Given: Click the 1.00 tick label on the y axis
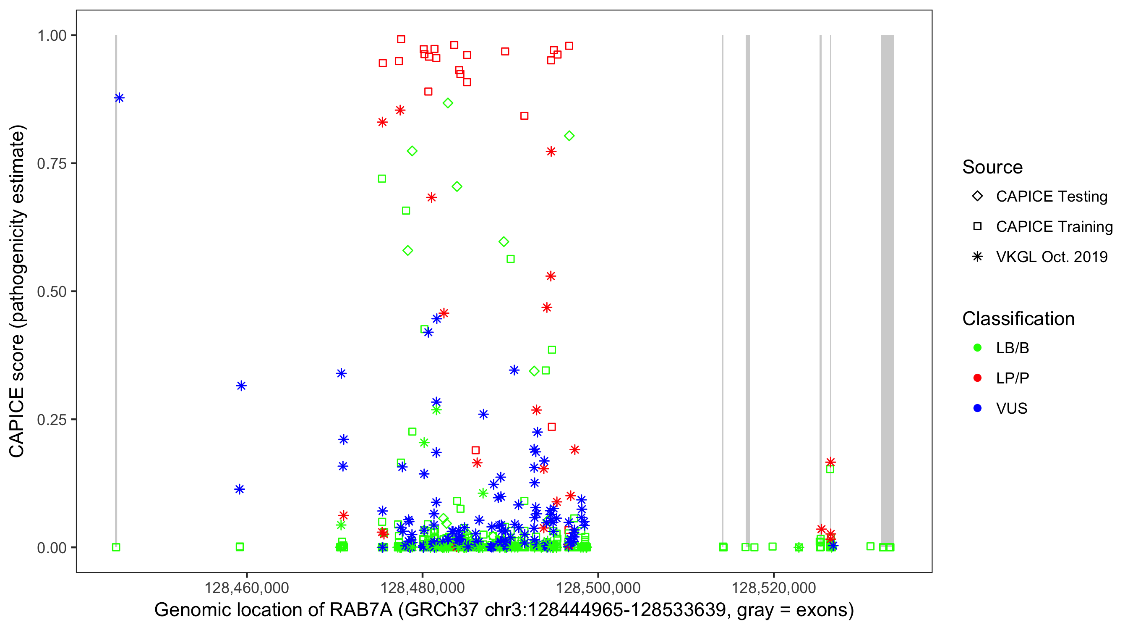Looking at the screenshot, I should tap(52, 35).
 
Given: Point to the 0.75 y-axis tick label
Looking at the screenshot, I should tap(52, 163).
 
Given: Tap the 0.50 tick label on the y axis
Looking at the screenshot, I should tap(52, 291).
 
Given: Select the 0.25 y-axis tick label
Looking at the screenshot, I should tap(52, 420).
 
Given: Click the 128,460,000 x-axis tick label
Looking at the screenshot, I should tap(246, 588).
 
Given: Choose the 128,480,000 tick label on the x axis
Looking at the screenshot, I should tap(422, 588).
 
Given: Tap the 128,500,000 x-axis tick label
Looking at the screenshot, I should tap(598, 588).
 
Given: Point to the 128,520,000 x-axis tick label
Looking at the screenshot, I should tap(774, 588).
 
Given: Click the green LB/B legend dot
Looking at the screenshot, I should tap(977, 348).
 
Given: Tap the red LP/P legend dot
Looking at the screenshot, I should tap(977, 378).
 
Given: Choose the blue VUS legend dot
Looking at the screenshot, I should tap(977, 408).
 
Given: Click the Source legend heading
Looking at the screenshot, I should tap(992, 167).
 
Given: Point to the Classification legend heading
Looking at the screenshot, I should tap(1018, 319).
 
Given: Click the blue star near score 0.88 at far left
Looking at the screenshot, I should tap(119, 98).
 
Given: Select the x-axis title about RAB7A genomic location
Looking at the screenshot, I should tap(504, 610).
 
